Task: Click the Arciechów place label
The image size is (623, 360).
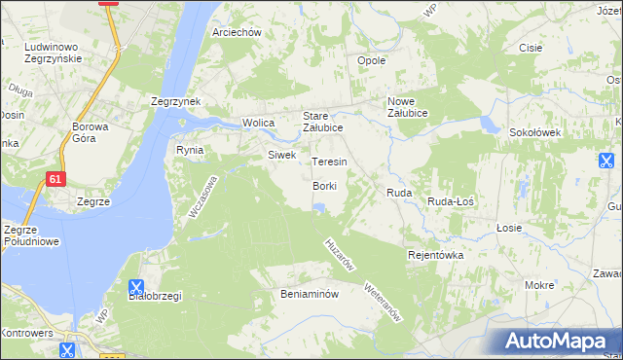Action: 238,32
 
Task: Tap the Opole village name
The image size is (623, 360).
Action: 372,60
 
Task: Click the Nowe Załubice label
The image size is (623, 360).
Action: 415,107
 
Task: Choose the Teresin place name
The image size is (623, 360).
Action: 329,162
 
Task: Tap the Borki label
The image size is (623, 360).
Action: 324,186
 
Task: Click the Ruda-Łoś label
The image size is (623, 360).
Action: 451,195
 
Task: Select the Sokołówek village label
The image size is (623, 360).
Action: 533,131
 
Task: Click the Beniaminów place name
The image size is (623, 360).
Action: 309,293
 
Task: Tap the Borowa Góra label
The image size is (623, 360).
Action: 95,132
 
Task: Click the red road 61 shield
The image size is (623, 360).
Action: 55,179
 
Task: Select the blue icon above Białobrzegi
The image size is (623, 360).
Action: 136,288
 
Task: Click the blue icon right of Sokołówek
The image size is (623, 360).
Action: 606,161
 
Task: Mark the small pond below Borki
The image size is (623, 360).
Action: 318,206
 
